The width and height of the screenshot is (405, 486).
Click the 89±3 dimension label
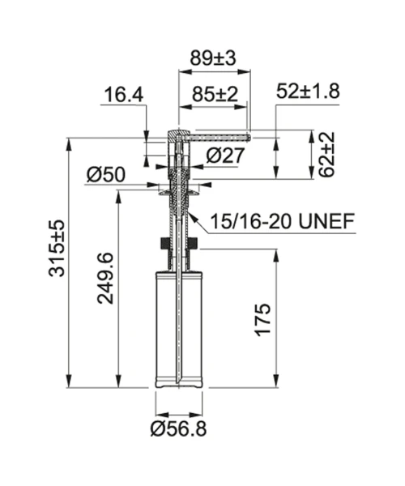coord(213,58)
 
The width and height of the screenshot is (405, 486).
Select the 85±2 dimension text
coord(215,94)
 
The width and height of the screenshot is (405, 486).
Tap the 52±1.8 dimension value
coord(308,91)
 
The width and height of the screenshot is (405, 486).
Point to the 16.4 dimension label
coord(124,95)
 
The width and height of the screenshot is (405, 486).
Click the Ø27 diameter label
coord(225,156)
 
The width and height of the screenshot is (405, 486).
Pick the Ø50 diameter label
coord(106,174)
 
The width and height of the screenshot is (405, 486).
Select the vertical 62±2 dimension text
coord(326,155)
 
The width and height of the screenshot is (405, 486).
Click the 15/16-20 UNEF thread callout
coord(283,221)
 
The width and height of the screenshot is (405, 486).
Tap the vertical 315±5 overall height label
coord(57,248)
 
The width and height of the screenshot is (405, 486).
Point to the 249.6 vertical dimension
coord(105,278)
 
